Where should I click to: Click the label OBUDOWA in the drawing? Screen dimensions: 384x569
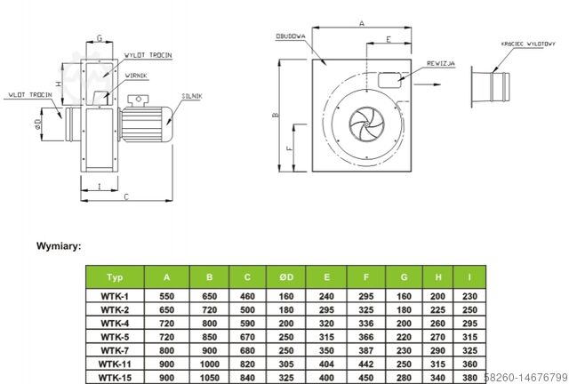(291, 36)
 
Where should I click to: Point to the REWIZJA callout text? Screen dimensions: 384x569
(441, 64)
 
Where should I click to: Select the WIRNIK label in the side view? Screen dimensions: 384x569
(136, 76)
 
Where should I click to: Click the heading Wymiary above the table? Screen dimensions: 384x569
(59, 244)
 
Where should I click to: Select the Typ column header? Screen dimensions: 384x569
(116, 276)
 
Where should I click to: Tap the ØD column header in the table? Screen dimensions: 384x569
(284, 276)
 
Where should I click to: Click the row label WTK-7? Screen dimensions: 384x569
(116, 350)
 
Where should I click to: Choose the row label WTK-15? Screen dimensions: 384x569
(116, 376)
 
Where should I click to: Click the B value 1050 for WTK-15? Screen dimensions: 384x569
(209, 376)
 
